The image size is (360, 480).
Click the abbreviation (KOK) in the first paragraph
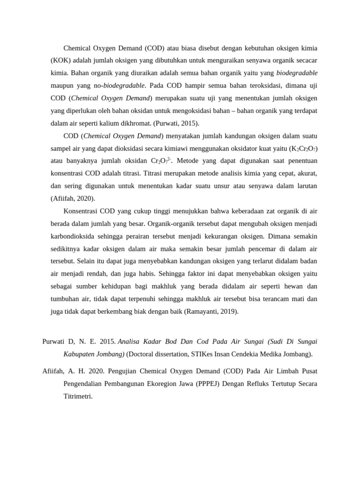(x=61, y=60)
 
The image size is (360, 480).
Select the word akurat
(x=306, y=173)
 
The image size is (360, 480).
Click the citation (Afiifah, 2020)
(x=73, y=198)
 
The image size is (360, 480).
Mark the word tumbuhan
(x=67, y=299)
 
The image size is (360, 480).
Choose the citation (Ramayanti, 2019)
(x=211, y=311)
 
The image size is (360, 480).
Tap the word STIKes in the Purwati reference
(x=192, y=354)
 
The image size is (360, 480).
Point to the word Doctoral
(x=142, y=354)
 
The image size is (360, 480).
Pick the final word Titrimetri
(x=78, y=396)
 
